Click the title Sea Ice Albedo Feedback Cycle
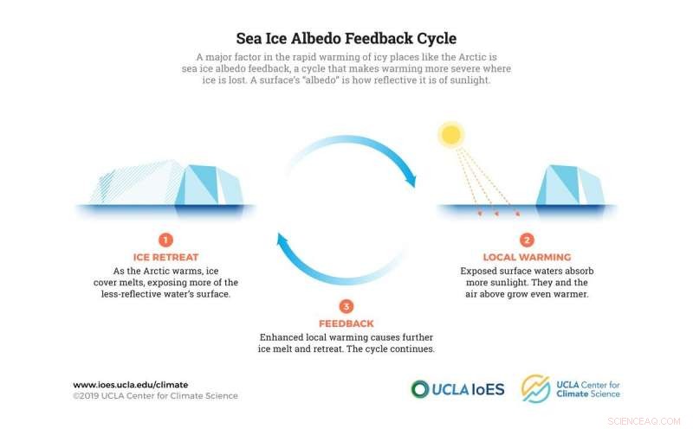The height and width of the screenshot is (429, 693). pyautogui.click(x=346, y=39)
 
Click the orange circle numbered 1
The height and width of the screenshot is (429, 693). pyautogui.click(x=165, y=240)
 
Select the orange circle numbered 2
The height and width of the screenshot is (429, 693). pyautogui.click(x=527, y=240)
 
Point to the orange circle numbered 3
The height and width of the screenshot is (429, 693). pyautogui.click(x=346, y=305)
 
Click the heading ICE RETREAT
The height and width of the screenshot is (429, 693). pyautogui.click(x=165, y=257)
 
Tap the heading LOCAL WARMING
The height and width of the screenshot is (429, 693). pyautogui.click(x=527, y=257)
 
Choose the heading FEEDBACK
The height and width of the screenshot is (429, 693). pyautogui.click(x=346, y=323)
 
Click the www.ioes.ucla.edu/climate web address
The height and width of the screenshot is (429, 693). pyautogui.click(x=130, y=384)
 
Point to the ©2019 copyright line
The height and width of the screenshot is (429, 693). pyautogui.click(x=155, y=396)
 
